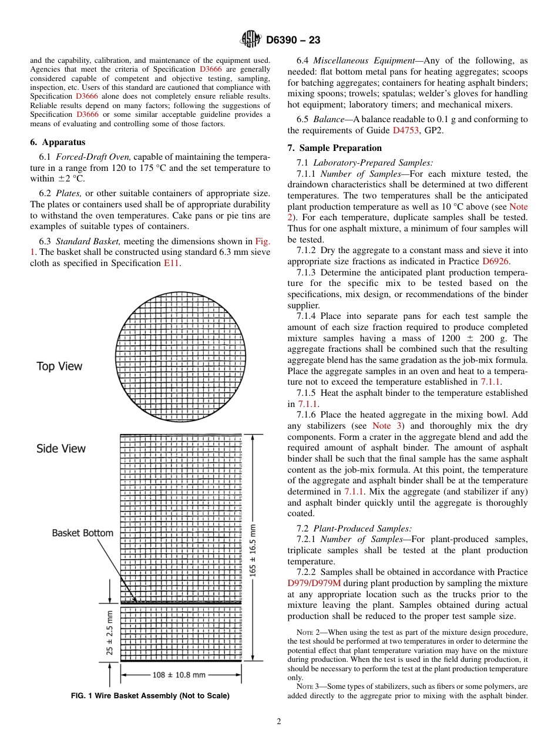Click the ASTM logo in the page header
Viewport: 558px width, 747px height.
coord(251,40)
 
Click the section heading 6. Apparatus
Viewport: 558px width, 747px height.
coord(58,142)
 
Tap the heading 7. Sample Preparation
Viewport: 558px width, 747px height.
coord(334,148)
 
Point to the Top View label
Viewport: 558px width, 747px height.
coord(59,366)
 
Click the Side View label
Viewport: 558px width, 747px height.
coord(60,449)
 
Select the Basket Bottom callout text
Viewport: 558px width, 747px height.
coord(82,533)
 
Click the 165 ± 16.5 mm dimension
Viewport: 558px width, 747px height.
coord(254,550)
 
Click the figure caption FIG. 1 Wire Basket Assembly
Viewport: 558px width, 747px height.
coord(150,696)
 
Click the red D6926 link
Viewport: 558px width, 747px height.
coord(496,261)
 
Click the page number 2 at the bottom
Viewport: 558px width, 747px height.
coord(278,722)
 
